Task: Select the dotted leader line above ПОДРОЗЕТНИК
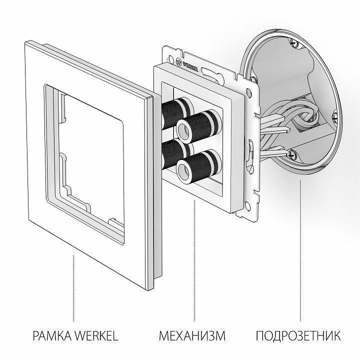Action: pyautogui.click(x=300, y=250)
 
